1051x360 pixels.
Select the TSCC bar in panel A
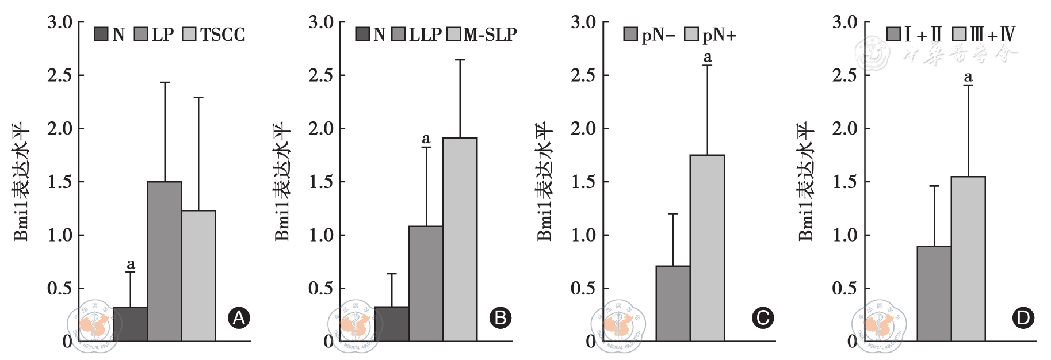[x=198, y=275]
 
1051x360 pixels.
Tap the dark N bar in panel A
[x=131, y=324]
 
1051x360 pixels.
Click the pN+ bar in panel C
[x=707, y=248]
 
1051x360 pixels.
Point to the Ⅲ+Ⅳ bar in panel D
[x=968, y=259]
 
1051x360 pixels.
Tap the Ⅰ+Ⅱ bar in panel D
[x=934, y=293]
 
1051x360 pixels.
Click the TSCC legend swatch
[x=189, y=35]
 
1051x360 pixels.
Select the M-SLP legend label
[x=490, y=35]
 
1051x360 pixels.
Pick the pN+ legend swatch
[x=691, y=35]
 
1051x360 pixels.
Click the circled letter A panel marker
[x=239, y=318]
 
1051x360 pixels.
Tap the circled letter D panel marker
[x=1023, y=318]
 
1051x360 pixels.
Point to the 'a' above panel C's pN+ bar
[x=708, y=57]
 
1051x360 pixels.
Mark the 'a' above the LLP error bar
[x=426, y=139]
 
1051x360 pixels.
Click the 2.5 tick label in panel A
[x=60, y=75]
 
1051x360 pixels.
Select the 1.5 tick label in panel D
[x=844, y=182]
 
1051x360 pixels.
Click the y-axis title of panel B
[x=282, y=181]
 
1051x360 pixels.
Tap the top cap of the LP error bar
[x=165, y=82]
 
